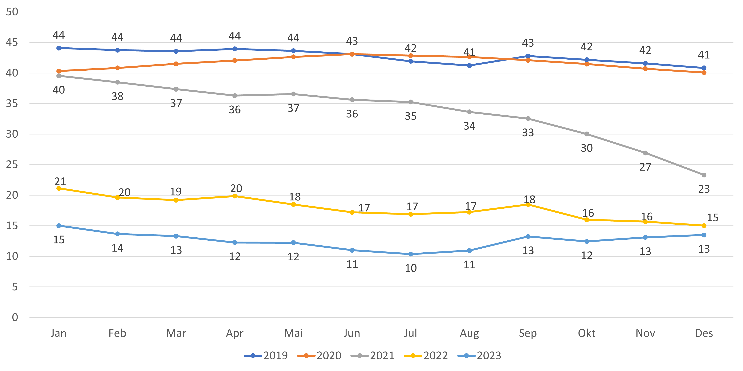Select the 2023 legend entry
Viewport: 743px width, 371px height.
point(479,355)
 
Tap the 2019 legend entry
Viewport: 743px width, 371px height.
point(266,355)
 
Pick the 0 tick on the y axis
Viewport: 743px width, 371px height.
point(15,318)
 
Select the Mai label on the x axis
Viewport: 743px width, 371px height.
point(293,333)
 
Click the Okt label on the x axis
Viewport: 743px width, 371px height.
point(586,333)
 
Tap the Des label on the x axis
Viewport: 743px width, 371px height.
point(704,333)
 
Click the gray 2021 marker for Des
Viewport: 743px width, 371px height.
point(704,175)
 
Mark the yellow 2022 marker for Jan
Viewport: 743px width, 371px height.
point(59,188)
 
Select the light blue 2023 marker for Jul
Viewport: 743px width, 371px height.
point(411,254)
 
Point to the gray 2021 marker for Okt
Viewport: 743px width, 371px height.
point(586,134)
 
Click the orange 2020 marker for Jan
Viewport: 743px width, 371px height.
point(59,71)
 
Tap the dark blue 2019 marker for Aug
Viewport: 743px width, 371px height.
point(469,66)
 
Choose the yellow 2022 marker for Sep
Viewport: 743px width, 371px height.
point(528,204)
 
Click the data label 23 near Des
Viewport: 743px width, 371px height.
point(704,189)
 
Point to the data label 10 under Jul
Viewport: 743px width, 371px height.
point(411,268)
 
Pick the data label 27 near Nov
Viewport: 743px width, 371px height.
point(645,167)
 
